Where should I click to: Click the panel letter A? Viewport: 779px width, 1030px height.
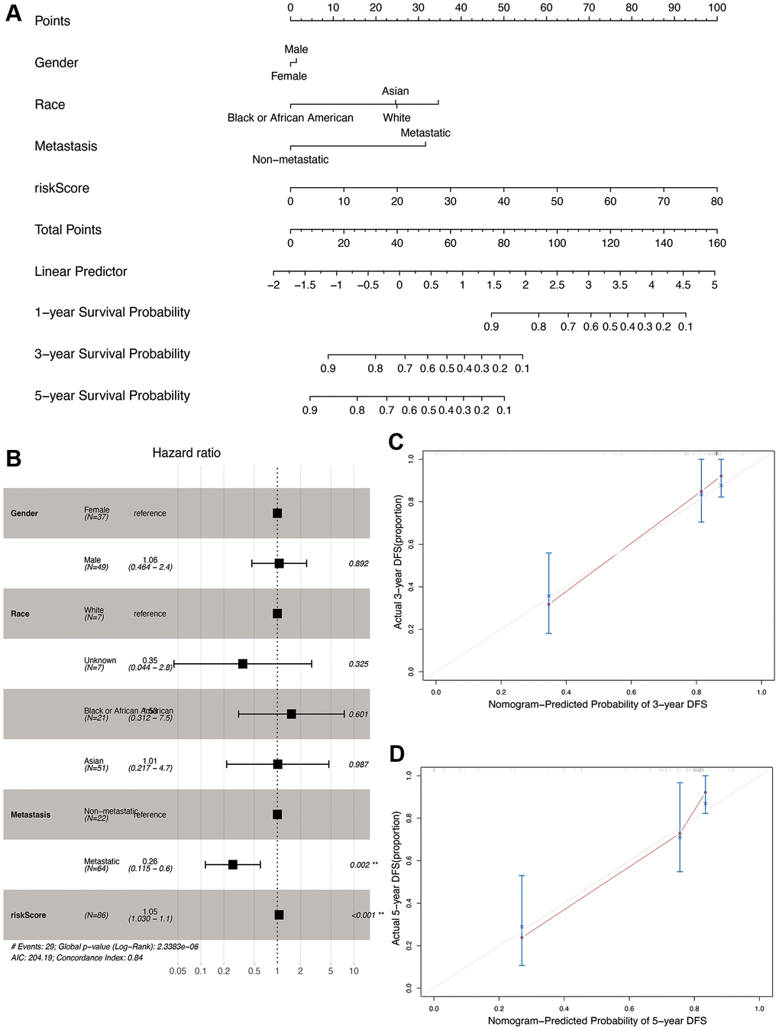(x=14, y=15)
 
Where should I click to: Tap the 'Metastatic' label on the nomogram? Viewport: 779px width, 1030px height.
(x=425, y=133)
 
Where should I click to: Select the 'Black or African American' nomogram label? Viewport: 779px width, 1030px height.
(x=290, y=118)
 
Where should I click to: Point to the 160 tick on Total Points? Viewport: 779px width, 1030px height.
(x=717, y=243)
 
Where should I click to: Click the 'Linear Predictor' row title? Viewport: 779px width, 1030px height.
(x=81, y=271)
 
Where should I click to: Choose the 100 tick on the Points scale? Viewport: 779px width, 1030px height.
(x=717, y=8)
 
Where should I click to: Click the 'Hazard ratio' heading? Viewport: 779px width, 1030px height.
(x=186, y=453)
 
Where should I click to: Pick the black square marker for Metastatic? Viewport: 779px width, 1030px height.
(x=233, y=865)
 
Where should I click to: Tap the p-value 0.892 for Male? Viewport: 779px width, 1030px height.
(x=358, y=564)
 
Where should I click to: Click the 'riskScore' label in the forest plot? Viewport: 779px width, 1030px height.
(x=28, y=915)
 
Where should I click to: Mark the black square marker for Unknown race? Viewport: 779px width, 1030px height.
(x=243, y=664)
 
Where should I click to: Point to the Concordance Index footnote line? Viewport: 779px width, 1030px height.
(x=77, y=957)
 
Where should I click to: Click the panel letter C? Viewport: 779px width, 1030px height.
(x=396, y=442)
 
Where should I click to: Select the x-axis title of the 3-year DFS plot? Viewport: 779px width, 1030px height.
(x=597, y=704)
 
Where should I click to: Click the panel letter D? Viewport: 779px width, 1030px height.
(x=396, y=754)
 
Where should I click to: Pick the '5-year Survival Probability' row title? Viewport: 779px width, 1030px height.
(x=112, y=396)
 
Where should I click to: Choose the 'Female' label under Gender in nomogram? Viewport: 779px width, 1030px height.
(x=289, y=76)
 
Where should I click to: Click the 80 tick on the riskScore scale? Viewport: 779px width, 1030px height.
(x=717, y=202)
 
